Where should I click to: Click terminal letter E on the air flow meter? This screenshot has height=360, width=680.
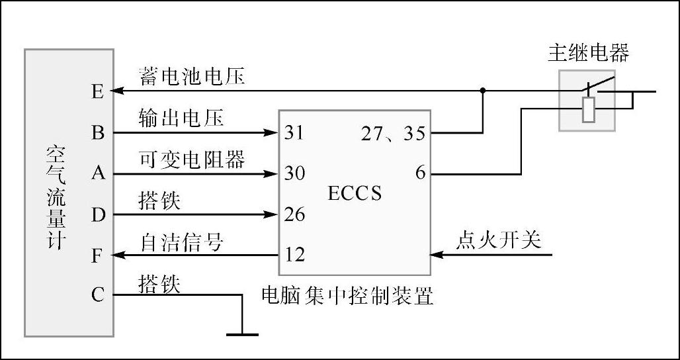pyautogui.click(x=98, y=91)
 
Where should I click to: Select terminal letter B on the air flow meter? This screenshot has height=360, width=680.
pyautogui.click(x=98, y=132)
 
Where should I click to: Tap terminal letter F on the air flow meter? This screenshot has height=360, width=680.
pyautogui.click(x=98, y=255)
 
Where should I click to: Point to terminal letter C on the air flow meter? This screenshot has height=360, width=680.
pyautogui.click(x=98, y=294)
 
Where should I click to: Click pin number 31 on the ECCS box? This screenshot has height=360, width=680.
pyautogui.click(x=294, y=132)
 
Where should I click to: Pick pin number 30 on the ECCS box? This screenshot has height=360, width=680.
pyautogui.click(x=294, y=173)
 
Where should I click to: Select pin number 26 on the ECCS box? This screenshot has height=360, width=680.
pyautogui.click(x=294, y=214)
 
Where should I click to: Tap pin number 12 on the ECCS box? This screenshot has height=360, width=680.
pyautogui.click(x=294, y=255)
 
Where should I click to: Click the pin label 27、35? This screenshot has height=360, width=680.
pyautogui.click(x=393, y=134)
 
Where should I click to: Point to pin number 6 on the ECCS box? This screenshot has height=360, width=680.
pyautogui.click(x=420, y=173)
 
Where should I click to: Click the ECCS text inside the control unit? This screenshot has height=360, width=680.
pyautogui.click(x=355, y=193)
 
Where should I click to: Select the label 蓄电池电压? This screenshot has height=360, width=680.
pyautogui.click(x=192, y=76)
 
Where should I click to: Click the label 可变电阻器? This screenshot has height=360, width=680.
pyautogui.click(x=192, y=159)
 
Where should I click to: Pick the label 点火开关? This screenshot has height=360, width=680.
pyautogui.click(x=498, y=241)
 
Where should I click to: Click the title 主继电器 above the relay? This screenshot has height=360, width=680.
pyautogui.click(x=587, y=52)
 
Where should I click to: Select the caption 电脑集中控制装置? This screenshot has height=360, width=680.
pyautogui.click(x=348, y=294)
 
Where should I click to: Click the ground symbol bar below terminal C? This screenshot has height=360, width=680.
pyautogui.click(x=242, y=334)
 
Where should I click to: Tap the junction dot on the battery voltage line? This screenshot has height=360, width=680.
pyautogui.click(x=483, y=91)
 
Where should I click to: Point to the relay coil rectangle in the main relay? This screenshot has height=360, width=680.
pyautogui.click(x=588, y=109)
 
